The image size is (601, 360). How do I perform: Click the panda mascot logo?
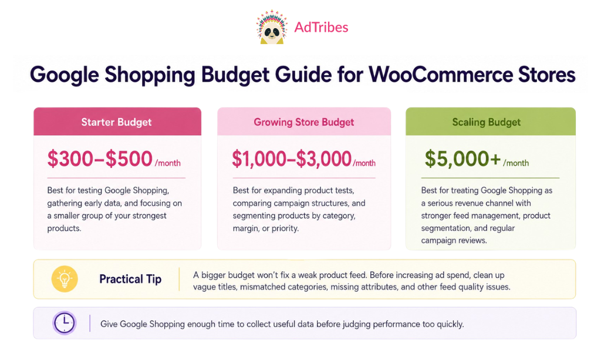[272, 27]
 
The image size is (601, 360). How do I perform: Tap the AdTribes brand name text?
[321, 27]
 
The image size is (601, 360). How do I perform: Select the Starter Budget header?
[117, 122]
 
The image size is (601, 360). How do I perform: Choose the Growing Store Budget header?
[304, 122]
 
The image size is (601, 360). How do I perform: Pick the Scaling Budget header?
[487, 122]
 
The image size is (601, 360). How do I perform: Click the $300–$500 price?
[100, 159]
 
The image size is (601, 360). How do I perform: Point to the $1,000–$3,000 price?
[292, 159]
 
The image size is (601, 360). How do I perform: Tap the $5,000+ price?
[462, 159]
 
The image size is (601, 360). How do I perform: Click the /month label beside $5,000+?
[516, 163]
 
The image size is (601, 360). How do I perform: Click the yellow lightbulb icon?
[65, 279]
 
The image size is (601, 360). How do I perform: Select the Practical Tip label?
[130, 279]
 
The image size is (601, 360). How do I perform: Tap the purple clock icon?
[65, 323]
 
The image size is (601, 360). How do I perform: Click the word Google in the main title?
[65, 75]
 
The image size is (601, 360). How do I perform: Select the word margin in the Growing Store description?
[246, 228]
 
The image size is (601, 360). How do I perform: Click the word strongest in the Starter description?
[150, 216]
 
